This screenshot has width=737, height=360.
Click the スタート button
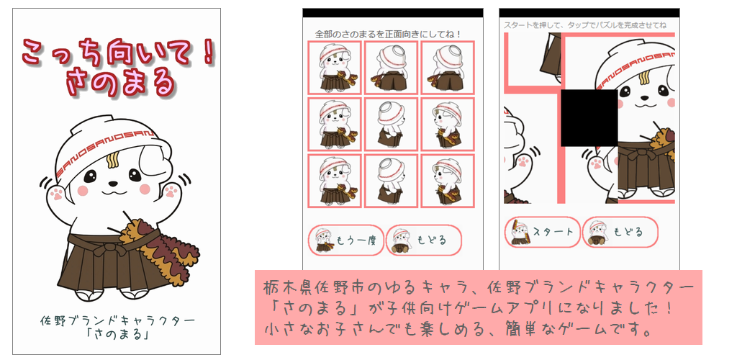coord(543,232)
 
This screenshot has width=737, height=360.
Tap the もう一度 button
coord(346,240)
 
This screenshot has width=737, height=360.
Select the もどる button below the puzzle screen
coord(620,232)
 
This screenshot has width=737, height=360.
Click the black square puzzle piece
coord(589,117)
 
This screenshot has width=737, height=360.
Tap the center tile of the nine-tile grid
coord(391,124)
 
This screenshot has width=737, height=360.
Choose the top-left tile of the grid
coord(335,68)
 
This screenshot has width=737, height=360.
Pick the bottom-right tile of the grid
coord(448,181)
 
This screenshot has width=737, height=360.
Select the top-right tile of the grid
coord(448,68)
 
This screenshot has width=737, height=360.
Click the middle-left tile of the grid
coord(335,124)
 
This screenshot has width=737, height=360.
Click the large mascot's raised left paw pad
coord(57,193)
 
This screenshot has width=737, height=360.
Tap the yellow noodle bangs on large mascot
coord(112,161)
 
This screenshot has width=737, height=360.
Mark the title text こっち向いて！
coord(117,52)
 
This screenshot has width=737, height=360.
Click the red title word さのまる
coord(121,84)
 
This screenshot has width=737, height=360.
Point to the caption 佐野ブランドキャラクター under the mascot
coord(117,322)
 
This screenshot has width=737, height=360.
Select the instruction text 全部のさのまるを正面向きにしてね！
coord(387,35)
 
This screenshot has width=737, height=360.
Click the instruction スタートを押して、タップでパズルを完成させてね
coord(585,25)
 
